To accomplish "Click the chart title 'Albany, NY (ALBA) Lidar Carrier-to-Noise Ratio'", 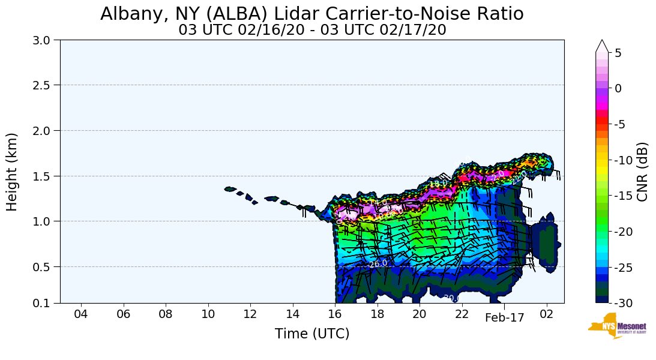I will [x=311, y=14].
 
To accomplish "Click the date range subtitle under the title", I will [x=312, y=30].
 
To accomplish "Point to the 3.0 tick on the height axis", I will [x=46, y=40].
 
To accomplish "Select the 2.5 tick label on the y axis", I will [x=46, y=85].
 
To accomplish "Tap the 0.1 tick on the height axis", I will [x=46, y=303].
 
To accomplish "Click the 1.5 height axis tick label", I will [x=46, y=176].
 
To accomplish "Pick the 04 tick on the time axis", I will [x=81, y=314].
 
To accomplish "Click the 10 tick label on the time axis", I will [x=208, y=314].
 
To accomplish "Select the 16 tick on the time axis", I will [x=335, y=314].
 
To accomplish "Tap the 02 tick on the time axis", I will [x=546, y=314].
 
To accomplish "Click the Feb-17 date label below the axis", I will [x=505, y=319].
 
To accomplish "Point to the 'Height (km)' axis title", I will [x=13, y=172].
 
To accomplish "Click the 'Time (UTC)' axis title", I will [x=312, y=334].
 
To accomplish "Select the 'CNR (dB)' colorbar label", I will [x=642, y=172].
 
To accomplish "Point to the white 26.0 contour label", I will [x=378, y=263].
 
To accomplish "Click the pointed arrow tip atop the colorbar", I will [x=602, y=44].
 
